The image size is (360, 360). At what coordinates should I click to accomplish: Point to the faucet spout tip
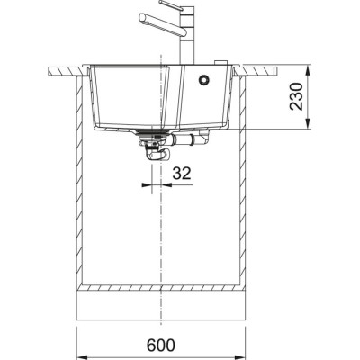142,18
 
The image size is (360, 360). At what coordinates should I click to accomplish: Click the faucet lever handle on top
176,8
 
